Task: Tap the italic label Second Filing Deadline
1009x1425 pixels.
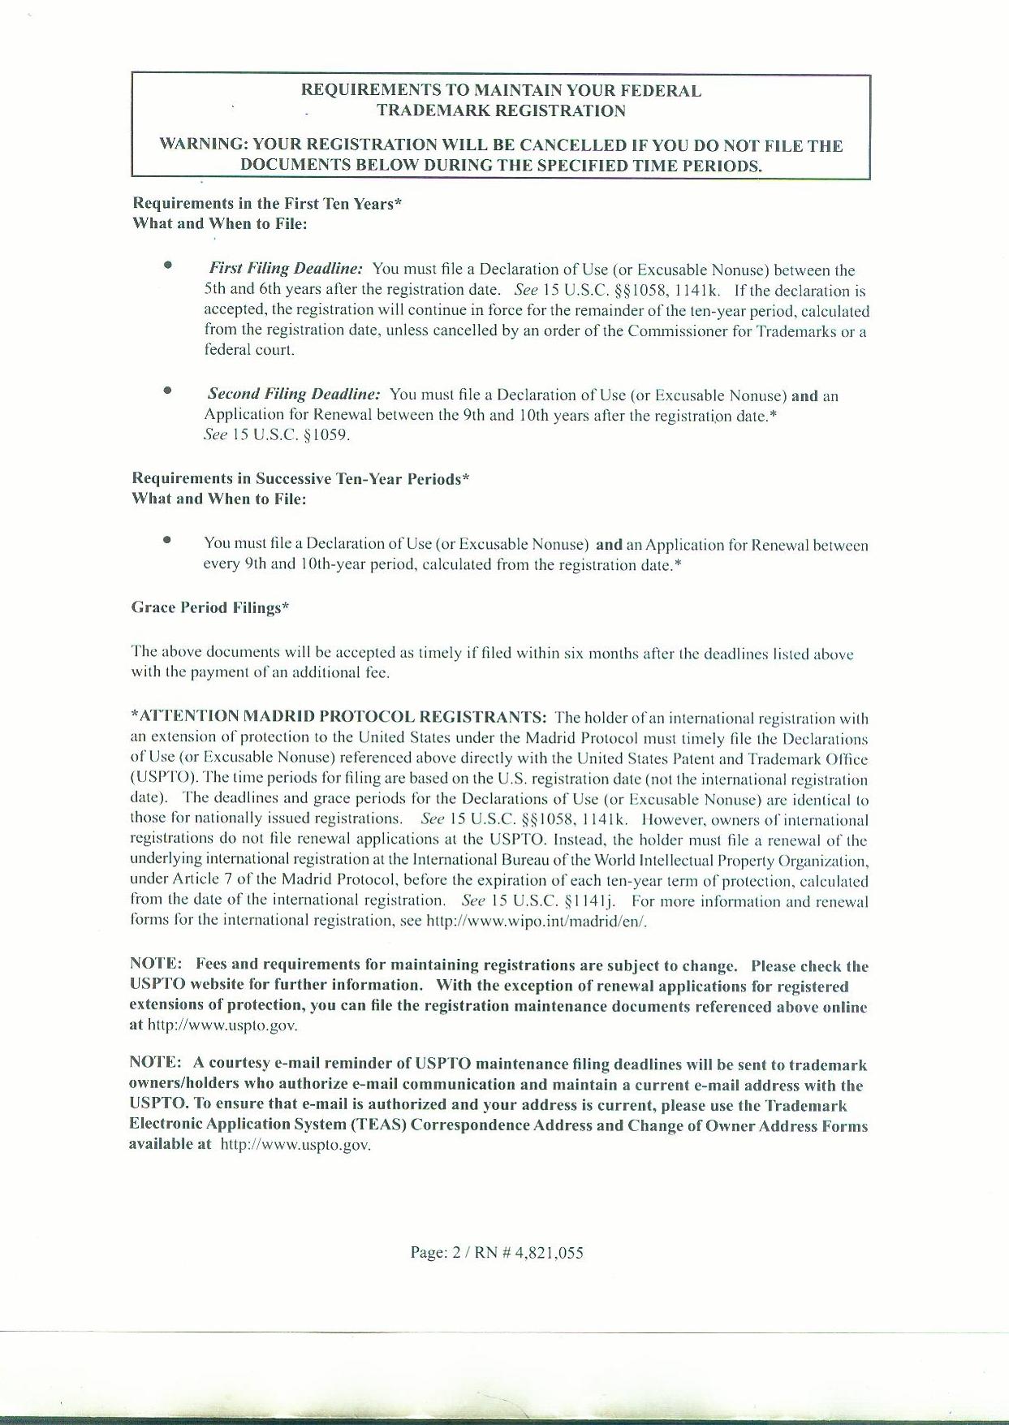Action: [294, 395]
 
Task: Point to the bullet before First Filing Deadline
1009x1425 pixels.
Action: [167, 265]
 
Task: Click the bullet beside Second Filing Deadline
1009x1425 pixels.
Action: [167, 391]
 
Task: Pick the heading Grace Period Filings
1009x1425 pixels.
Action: [210, 608]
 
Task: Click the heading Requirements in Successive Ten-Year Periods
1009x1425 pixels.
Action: [300, 479]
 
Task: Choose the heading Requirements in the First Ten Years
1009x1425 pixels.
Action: [267, 204]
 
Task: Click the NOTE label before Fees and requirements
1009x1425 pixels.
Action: [156, 965]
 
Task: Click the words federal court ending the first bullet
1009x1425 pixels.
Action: [248, 351]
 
